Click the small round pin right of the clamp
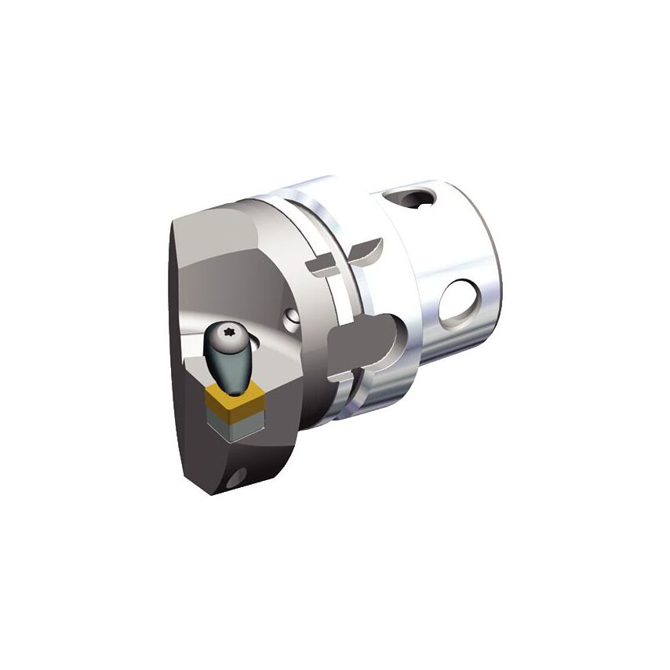[x=291, y=318]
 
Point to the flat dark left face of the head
[x=188, y=369]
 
